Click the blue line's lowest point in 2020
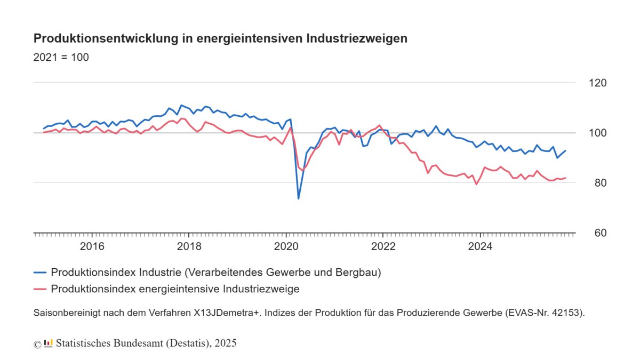(298, 199)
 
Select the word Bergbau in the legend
(357, 273)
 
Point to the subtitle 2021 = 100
(61, 57)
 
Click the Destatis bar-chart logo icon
(48, 343)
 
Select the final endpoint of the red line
(566, 178)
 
